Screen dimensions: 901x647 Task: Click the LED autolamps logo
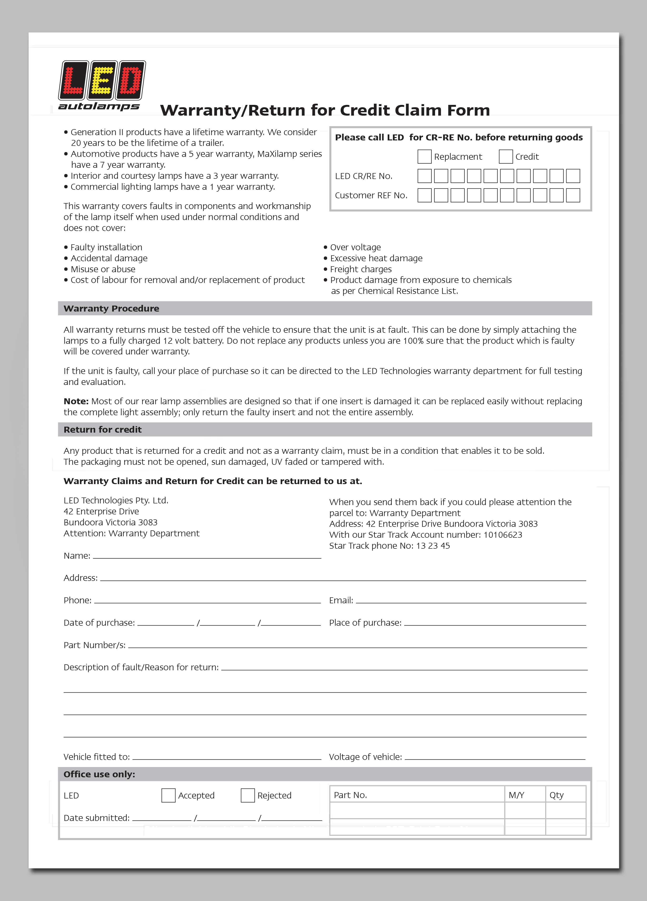click(x=102, y=85)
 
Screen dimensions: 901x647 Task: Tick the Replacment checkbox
click(x=424, y=157)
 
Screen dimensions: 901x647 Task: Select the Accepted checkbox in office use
click(x=168, y=795)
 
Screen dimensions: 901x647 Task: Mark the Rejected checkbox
click(x=248, y=795)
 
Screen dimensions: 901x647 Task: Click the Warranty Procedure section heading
click(x=111, y=309)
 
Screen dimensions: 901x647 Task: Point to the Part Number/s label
click(x=95, y=645)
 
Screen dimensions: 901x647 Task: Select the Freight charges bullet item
click(x=361, y=269)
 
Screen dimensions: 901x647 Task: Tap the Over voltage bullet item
click(x=355, y=247)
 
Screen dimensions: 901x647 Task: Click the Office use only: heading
click(x=99, y=774)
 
